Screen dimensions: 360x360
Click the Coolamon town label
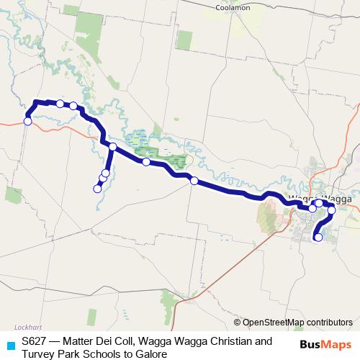[233, 8]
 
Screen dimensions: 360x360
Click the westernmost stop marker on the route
[27, 121]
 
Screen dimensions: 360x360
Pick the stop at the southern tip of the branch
[97, 189]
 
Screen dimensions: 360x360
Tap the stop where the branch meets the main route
[112, 147]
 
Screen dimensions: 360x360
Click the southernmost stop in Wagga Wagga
[318, 237]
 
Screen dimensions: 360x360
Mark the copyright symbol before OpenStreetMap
[238, 323]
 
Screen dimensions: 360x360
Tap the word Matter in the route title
[81, 341]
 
